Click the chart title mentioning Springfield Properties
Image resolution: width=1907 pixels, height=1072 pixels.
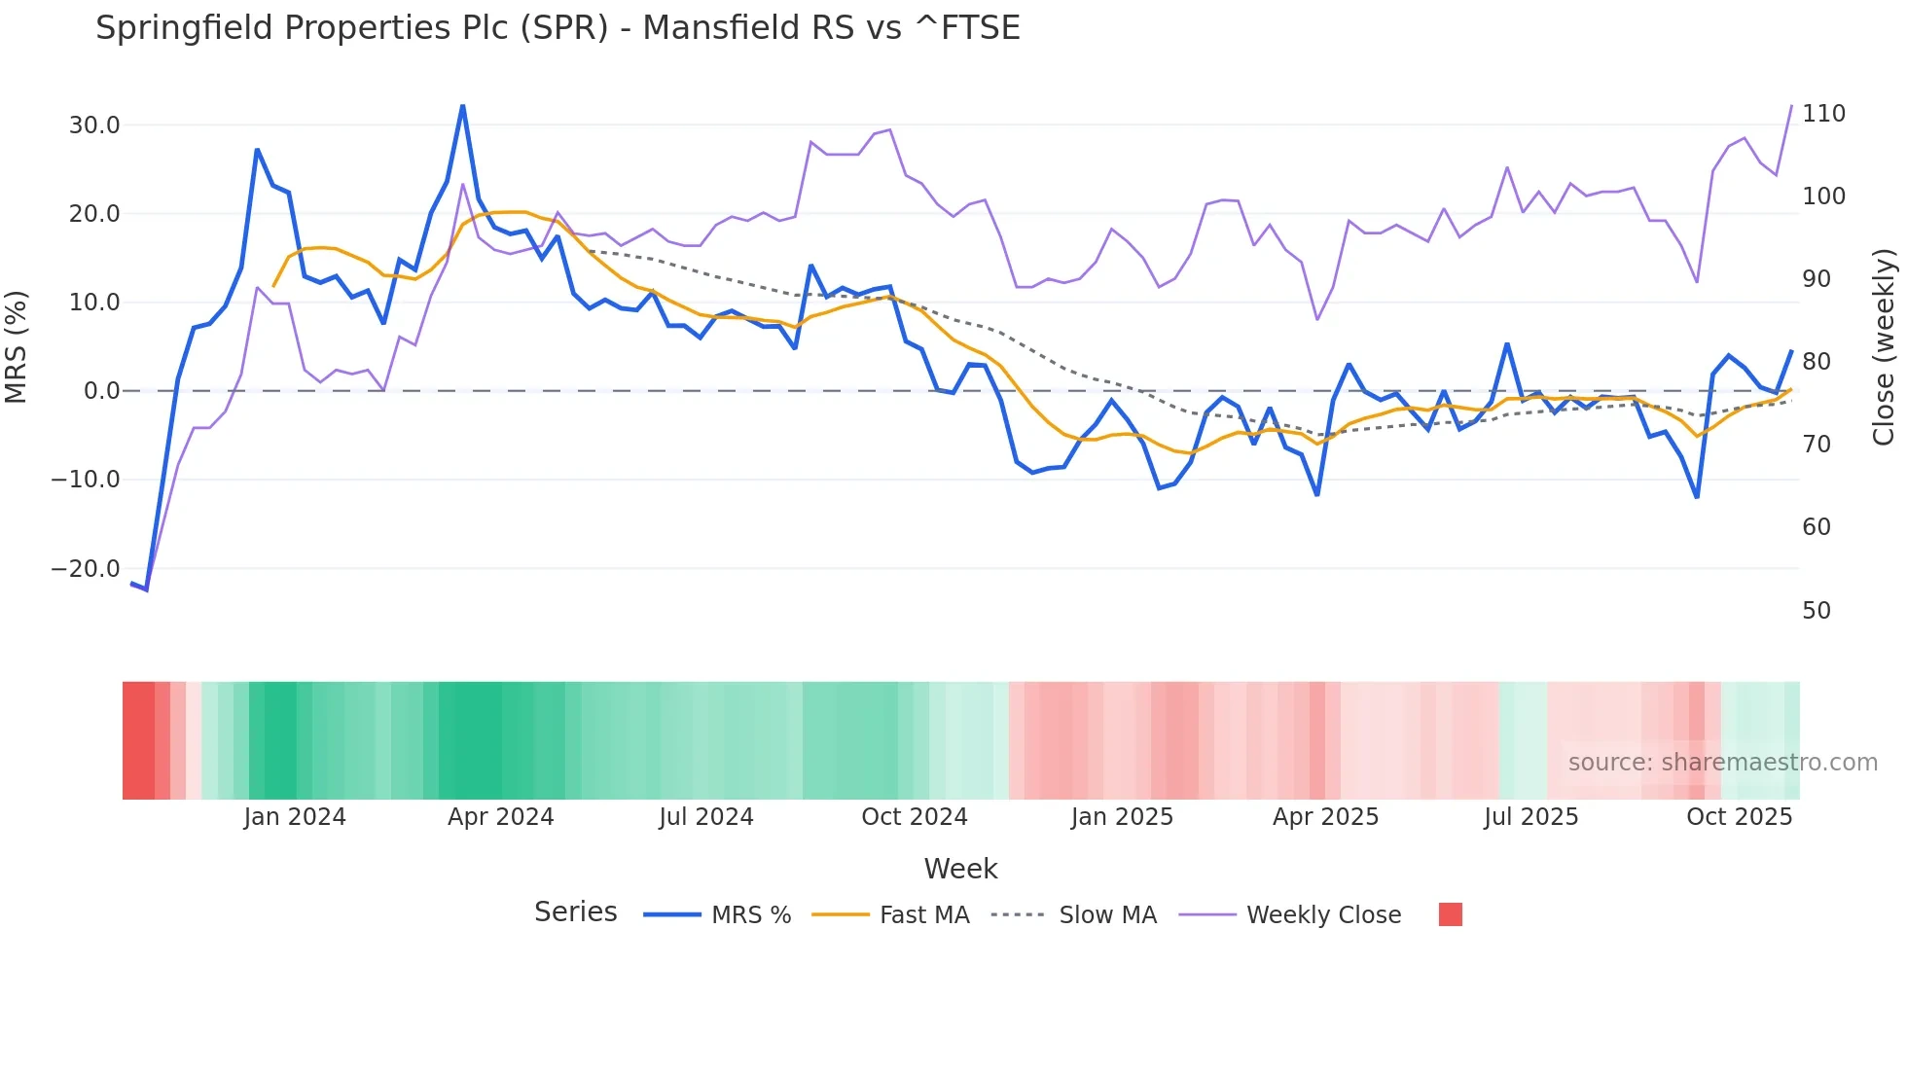click(558, 28)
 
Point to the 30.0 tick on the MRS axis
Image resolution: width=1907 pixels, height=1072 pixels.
click(94, 125)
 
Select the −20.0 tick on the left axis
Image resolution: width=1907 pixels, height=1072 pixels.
click(86, 569)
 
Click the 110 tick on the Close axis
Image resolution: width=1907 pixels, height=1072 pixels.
click(1823, 114)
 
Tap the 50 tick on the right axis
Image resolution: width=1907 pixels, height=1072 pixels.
click(1817, 611)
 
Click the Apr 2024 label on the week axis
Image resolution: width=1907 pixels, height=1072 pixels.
click(500, 817)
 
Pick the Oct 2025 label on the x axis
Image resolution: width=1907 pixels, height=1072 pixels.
click(1739, 817)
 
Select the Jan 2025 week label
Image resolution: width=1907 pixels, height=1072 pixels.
click(1122, 817)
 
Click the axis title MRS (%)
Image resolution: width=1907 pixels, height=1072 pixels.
click(17, 347)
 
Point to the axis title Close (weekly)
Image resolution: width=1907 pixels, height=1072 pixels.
click(1884, 347)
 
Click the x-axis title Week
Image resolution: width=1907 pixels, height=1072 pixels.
click(960, 869)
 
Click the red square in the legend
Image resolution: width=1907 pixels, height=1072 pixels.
click(1450, 914)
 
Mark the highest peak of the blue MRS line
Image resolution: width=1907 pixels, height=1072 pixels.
click(462, 106)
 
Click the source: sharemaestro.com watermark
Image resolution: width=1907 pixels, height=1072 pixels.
click(1722, 763)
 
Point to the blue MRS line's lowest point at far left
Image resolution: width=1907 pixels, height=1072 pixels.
click(146, 590)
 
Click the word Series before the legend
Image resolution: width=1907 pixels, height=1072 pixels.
click(575, 912)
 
